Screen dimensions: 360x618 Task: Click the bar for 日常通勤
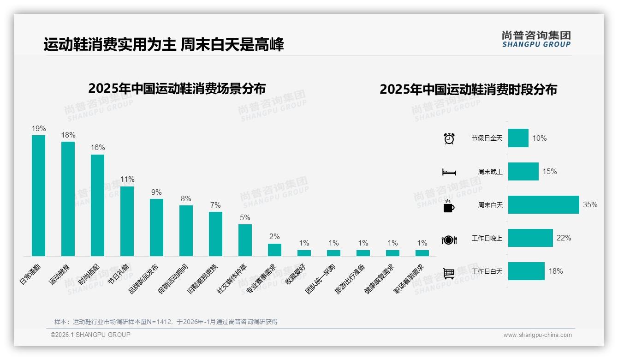[x=38, y=195]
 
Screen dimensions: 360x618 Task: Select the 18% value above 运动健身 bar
[x=68, y=135]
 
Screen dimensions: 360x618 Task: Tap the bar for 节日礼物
[x=127, y=221]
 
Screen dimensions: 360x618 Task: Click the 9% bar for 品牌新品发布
[x=156, y=227]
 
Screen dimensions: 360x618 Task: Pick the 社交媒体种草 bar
[x=245, y=240]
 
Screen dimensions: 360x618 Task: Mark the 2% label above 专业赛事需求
[x=274, y=237]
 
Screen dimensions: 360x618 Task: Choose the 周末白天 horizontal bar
[x=543, y=204]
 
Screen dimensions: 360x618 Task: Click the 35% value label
[x=590, y=204]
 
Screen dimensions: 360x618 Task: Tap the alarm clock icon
[x=449, y=138]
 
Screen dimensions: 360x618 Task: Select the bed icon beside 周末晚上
[x=449, y=172]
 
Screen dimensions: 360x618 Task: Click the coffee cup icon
[x=449, y=205]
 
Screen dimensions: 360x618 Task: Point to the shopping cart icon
[x=449, y=273]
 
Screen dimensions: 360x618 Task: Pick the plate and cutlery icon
[x=449, y=240]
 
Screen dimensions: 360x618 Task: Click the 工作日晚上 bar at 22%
[x=530, y=238]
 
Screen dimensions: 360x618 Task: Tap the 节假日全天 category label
[x=487, y=138]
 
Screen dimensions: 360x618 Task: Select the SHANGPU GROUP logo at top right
[x=536, y=39]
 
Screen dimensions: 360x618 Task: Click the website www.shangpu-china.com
[x=537, y=335]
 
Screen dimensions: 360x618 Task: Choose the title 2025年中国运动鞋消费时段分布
[x=468, y=89]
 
